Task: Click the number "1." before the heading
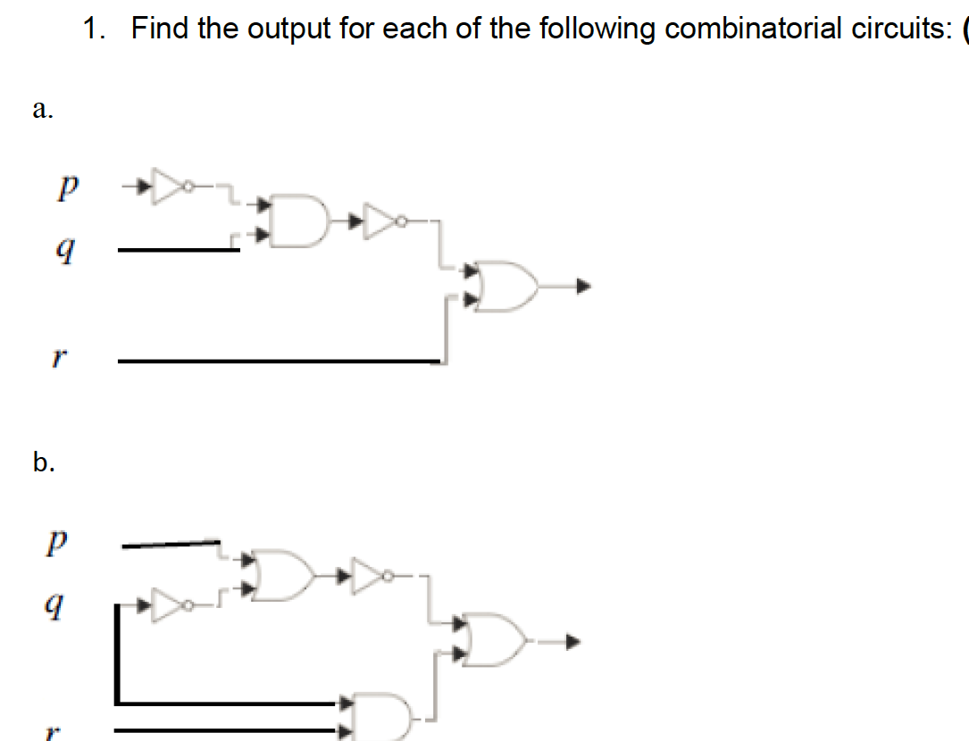pos(93,29)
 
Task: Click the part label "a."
pos(41,109)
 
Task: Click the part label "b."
pos(43,462)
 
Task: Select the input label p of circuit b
pos(59,542)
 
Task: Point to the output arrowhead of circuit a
pos(582,287)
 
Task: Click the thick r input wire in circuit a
pos(277,361)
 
